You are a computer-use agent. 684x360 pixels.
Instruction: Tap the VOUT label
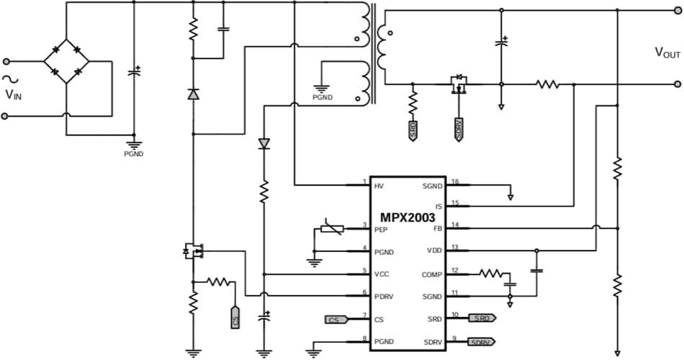(667, 52)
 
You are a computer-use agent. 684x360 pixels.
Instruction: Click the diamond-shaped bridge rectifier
(66, 62)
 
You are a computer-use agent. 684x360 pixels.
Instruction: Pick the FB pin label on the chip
(436, 228)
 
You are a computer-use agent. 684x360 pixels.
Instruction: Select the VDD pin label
(433, 250)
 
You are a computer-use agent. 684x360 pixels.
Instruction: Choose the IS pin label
(438, 207)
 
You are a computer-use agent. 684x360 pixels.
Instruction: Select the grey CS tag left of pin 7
(335, 319)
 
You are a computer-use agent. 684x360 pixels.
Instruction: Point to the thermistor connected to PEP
(330, 229)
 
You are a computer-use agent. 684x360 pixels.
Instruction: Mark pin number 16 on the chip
(454, 181)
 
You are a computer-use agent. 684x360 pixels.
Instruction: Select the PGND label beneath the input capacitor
(133, 153)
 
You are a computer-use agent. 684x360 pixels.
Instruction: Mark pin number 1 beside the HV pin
(365, 181)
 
